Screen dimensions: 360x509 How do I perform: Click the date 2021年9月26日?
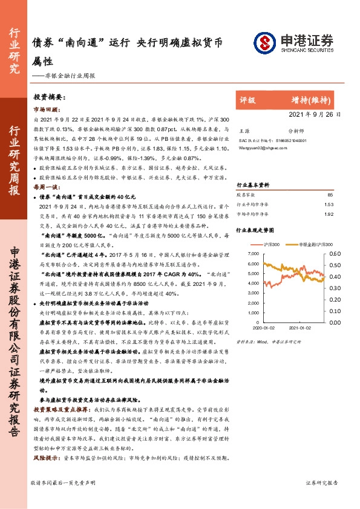pos(319,114)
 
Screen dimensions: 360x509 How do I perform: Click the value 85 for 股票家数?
pos(330,195)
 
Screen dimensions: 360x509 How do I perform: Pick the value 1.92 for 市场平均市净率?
pos(329,214)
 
